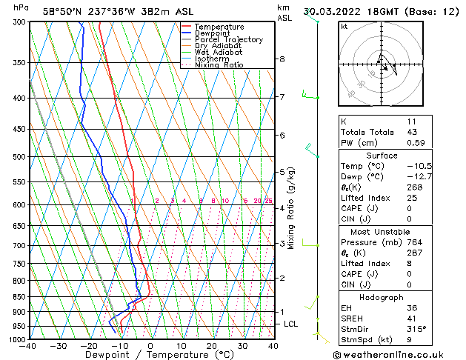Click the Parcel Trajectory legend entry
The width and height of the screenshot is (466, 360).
228,39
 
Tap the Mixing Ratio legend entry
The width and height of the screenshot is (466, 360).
219,65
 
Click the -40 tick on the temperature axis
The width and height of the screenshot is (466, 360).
28,346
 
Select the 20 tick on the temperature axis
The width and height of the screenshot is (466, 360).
211,346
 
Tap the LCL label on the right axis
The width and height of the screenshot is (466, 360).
291,324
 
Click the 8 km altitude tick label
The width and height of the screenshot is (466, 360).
282,59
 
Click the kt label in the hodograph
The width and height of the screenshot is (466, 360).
344,27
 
